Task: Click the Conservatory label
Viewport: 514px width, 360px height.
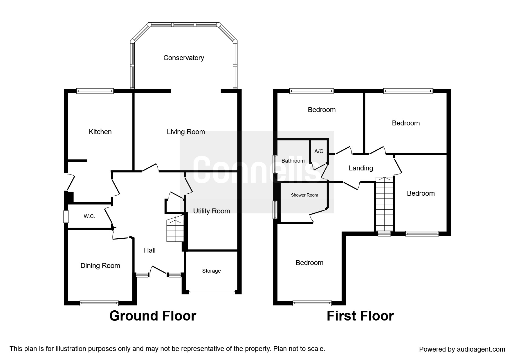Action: coord(184,58)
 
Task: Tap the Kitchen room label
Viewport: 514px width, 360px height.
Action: coord(100,132)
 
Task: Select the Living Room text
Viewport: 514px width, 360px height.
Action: coord(186,132)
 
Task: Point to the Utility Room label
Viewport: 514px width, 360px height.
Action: coord(212,211)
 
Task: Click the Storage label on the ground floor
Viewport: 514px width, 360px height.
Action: coord(212,271)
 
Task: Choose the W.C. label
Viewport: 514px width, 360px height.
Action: coord(89,216)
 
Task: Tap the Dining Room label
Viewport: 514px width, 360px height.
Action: coord(100,266)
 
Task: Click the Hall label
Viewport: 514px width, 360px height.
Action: coord(150,250)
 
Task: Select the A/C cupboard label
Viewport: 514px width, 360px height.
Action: coord(319,151)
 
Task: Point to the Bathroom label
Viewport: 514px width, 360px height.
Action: coord(293,161)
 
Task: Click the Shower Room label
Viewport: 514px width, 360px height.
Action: coord(304,195)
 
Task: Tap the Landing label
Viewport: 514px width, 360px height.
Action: coord(361,168)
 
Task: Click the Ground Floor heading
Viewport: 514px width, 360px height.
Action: coord(153,316)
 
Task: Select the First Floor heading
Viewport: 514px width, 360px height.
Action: coord(360,316)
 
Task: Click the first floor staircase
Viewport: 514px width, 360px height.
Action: coord(385,204)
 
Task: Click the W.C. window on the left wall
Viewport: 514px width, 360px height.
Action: coord(66,216)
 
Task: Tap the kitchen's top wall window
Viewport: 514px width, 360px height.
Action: coord(95,91)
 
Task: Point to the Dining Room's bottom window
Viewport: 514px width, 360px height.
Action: coord(99,303)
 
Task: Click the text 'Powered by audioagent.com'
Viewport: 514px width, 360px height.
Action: coord(462,349)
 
